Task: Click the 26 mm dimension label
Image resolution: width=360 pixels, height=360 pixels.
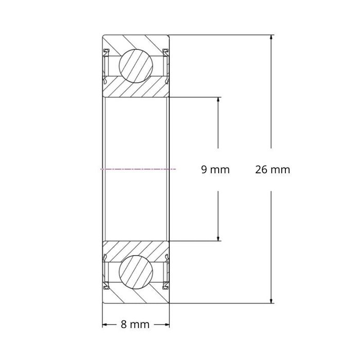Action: [x=272, y=169]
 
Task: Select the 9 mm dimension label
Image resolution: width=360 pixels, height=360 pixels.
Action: [x=215, y=169]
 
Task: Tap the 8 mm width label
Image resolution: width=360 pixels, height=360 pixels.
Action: [x=135, y=325]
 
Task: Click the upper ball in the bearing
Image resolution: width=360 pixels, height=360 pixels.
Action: [x=136, y=65]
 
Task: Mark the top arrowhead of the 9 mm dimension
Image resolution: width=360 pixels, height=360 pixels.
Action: [x=219, y=100]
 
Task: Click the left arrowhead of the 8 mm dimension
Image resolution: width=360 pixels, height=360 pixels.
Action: [x=105, y=325]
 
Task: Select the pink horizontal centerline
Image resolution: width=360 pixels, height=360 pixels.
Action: [x=139, y=169]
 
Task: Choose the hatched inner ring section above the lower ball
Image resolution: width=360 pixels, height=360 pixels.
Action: [x=136, y=248]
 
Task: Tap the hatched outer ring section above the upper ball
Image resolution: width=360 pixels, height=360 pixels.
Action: [x=136, y=41]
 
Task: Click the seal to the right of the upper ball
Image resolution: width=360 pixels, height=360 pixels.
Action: [x=167, y=66]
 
